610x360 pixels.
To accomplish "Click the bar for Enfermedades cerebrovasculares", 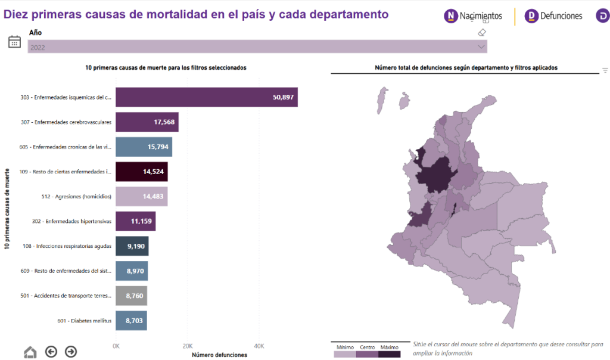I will click(x=147, y=122).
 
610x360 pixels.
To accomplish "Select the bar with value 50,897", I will click(x=206, y=97).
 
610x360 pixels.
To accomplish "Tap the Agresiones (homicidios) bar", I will click(x=141, y=197).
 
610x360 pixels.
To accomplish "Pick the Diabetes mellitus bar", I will click(x=131, y=321).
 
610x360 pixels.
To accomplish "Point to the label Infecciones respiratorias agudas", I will click(x=74, y=246).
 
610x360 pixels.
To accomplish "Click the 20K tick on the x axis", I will click(x=188, y=346).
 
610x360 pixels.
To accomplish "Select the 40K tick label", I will click(x=259, y=346).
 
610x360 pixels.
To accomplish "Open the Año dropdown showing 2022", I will click(x=257, y=47).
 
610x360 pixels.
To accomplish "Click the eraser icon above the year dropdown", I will click(x=483, y=32).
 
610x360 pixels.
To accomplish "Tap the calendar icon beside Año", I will click(x=14, y=41).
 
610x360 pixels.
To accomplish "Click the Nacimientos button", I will click(x=473, y=16).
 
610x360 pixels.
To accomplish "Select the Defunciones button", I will click(x=553, y=16).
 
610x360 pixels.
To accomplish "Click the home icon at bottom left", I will click(x=30, y=352).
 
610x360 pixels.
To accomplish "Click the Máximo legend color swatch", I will click(x=390, y=354).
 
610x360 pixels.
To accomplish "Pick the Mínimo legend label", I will click(x=345, y=347).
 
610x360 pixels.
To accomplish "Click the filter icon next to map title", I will click(x=605, y=70).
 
